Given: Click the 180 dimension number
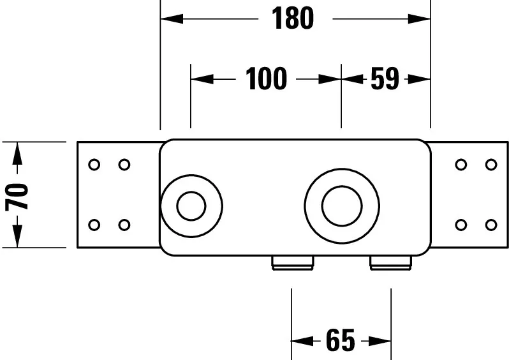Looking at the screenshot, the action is (x=293, y=19).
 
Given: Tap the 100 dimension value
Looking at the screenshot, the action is (x=266, y=79).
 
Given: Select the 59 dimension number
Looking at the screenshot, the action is (x=385, y=79).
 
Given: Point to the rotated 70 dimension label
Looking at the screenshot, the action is (x=17, y=197).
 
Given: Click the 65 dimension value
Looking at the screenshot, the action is (x=341, y=340).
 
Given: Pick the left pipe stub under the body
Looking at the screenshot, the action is (x=293, y=263).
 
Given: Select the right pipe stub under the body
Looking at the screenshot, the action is (x=391, y=263).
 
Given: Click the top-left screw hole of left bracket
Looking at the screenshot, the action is (x=94, y=165).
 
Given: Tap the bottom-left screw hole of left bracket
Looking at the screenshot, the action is (x=94, y=225).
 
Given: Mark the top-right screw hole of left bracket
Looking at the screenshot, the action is (x=124, y=165).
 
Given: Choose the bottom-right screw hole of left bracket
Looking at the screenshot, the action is (x=124, y=225).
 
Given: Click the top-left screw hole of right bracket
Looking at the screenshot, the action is (x=461, y=165).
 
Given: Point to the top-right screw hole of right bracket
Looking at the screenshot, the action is (x=491, y=165).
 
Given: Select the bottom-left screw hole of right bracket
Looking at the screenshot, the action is (x=461, y=225).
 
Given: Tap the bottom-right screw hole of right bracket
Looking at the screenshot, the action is (x=491, y=225).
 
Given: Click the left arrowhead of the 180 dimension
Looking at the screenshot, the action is (x=172, y=19).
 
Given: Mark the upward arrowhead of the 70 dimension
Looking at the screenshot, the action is (x=17, y=153).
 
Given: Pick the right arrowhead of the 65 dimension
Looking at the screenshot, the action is (x=380, y=341).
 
